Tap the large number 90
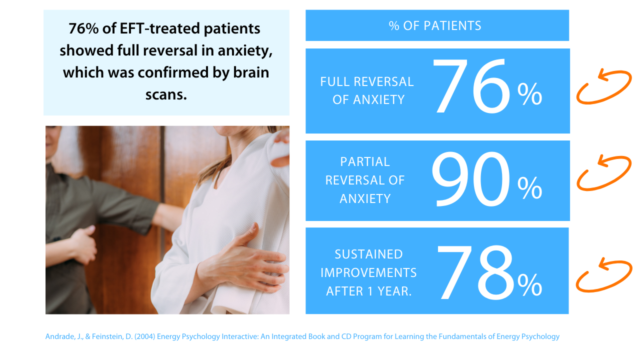[471, 179]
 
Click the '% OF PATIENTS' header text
[435, 25]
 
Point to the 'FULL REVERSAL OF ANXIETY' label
[367, 90]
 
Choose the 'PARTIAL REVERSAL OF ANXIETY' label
[365, 180]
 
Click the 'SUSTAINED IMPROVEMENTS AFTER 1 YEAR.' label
[368, 272]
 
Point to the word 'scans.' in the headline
[166, 95]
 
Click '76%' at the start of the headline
[83, 28]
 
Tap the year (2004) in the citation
[145, 336]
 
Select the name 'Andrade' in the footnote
[59, 336]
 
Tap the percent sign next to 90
[529, 187]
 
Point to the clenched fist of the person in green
[83, 244]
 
